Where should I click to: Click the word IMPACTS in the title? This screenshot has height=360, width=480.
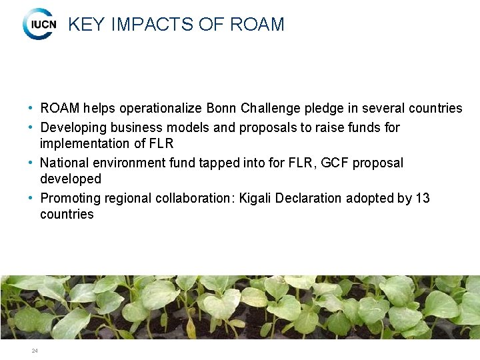pyautogui.click(x=153, y=25)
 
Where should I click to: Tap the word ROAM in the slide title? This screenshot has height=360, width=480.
pyautogui.click(x=257, y=25)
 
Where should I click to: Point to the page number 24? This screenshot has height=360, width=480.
pyautogui.click(x=34, y=351)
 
